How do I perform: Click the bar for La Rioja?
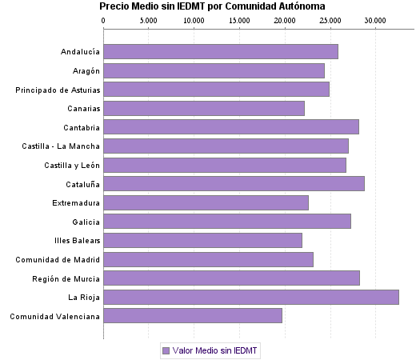point(250,297)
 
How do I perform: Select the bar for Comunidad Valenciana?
point(192,316)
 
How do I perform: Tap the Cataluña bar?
point(234,183)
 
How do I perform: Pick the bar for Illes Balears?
point(202,240)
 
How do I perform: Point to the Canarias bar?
point(203,108)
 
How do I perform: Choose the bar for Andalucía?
point(220,51)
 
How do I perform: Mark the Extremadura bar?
point(206,202)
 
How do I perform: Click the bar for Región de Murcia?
point(231,278)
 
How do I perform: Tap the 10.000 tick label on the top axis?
point(194,20)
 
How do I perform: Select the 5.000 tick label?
point(149,20)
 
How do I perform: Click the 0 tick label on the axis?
point(104,20)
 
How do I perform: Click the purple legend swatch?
point(166,350)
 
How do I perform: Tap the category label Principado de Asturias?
point(58,90)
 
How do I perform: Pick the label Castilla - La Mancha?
point(61,146)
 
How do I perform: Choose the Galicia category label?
point(86,222)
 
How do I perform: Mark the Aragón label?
point(84,70)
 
